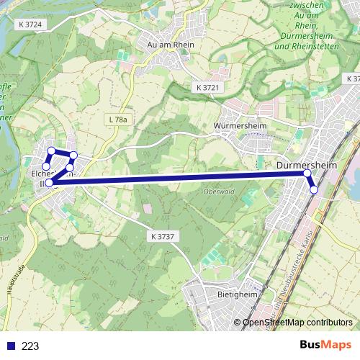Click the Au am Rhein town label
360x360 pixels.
click(171, 44)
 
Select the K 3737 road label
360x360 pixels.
click(164, 236)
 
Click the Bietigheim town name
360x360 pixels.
click(236, 294)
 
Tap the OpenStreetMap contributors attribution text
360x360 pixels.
click(297, 323)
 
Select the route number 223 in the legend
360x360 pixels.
click(30, 346)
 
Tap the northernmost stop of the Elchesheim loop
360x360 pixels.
click(51, 150)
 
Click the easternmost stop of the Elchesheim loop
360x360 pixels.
click(73, 156)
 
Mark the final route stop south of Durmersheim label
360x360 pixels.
click(314, 189)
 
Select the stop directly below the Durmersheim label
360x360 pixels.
click(307, 174)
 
